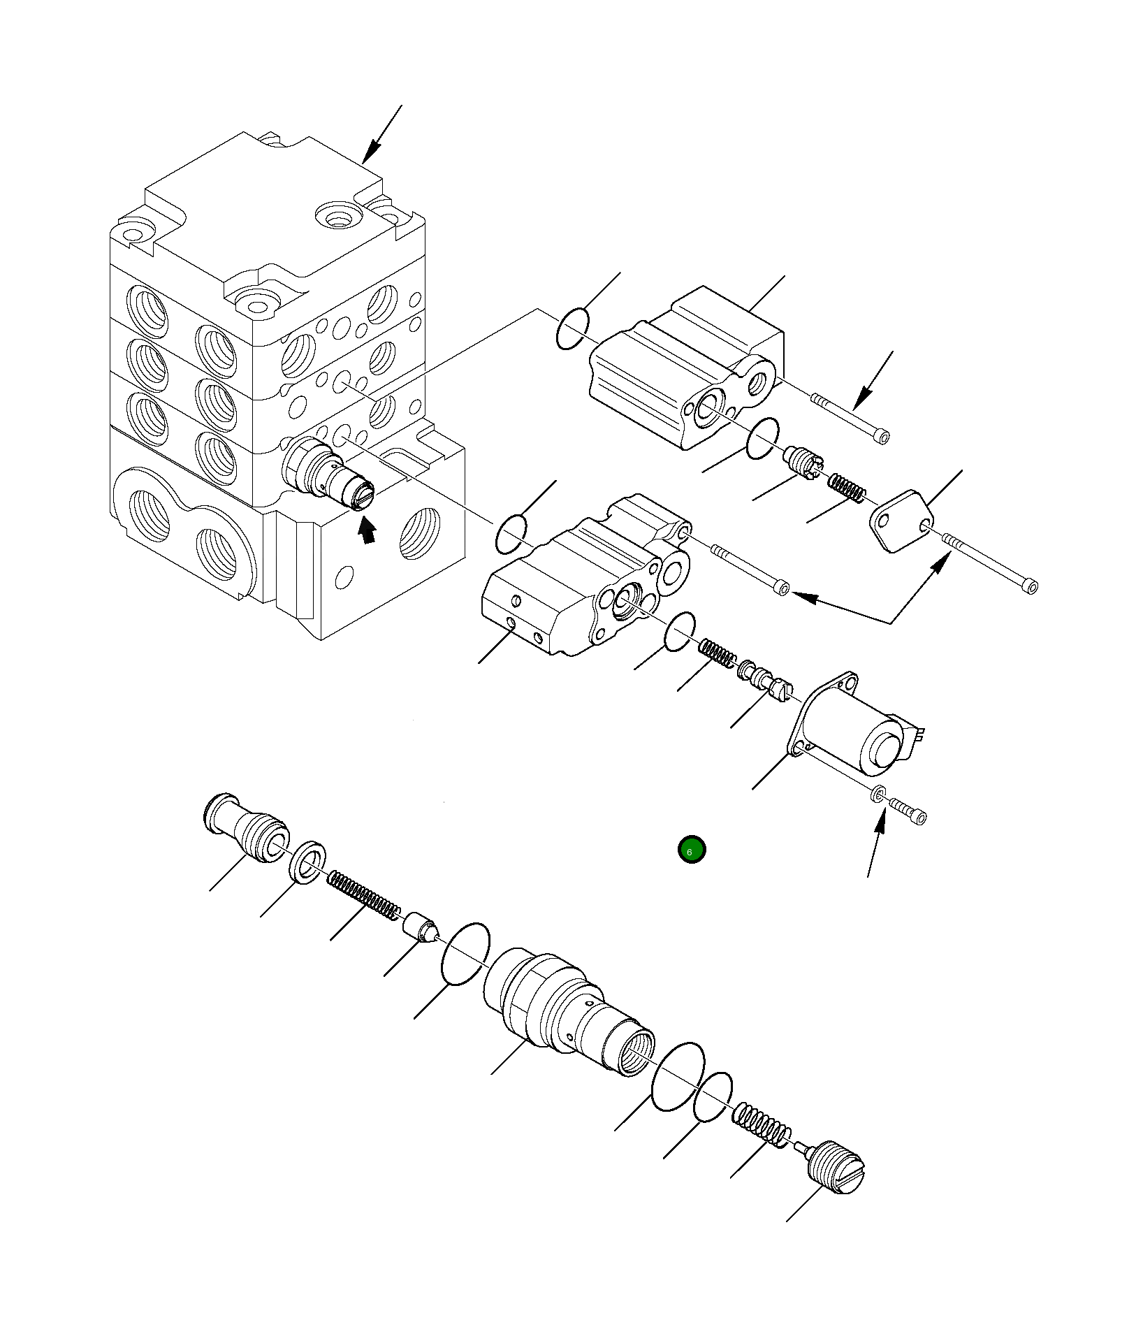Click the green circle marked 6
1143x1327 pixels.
[x=692, y=850]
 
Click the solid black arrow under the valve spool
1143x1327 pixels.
[x=366, y=532]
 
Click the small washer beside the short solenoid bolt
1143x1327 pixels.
[x=878, y=794]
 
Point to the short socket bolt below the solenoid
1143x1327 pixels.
[x=908, y=811]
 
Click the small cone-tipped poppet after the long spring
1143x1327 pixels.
[x=421, y=928]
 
